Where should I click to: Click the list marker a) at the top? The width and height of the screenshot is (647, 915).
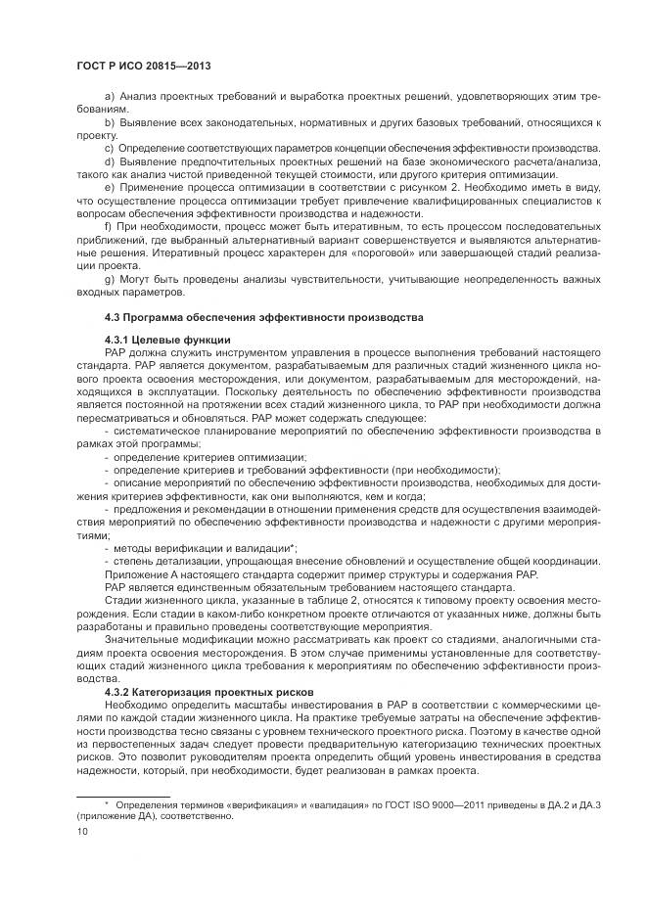click(108, 100)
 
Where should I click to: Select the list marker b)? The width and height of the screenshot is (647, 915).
click(108, 122)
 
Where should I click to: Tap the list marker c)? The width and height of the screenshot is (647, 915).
click(108, 146)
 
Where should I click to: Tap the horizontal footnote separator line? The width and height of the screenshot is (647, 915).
click(123, 793)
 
